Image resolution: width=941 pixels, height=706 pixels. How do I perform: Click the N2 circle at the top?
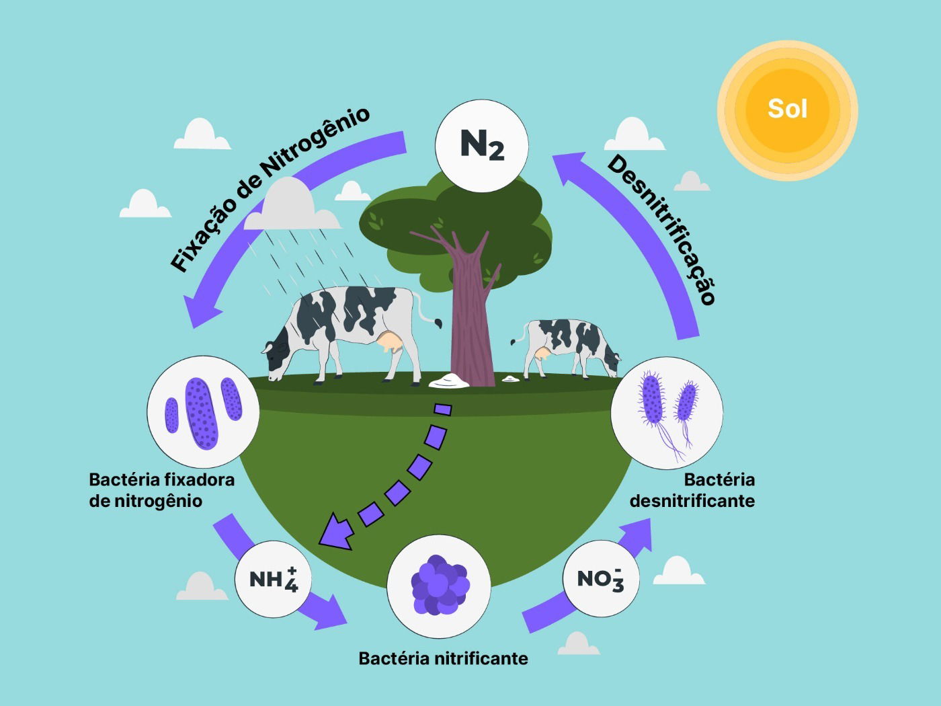click(482, 145)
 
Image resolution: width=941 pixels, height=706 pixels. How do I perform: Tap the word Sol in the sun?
click(787, 109)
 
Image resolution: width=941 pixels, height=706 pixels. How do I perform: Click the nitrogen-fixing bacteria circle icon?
click(202, 412)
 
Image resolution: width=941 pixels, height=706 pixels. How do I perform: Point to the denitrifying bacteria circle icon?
click(667, 412)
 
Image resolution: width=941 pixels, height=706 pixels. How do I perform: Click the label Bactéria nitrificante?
click(443, 658)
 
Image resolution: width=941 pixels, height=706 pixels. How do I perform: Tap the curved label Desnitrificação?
click(661, 229)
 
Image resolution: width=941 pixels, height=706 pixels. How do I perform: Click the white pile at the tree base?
click(449, 381)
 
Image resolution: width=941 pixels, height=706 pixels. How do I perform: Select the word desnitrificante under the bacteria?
click(692, 501)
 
